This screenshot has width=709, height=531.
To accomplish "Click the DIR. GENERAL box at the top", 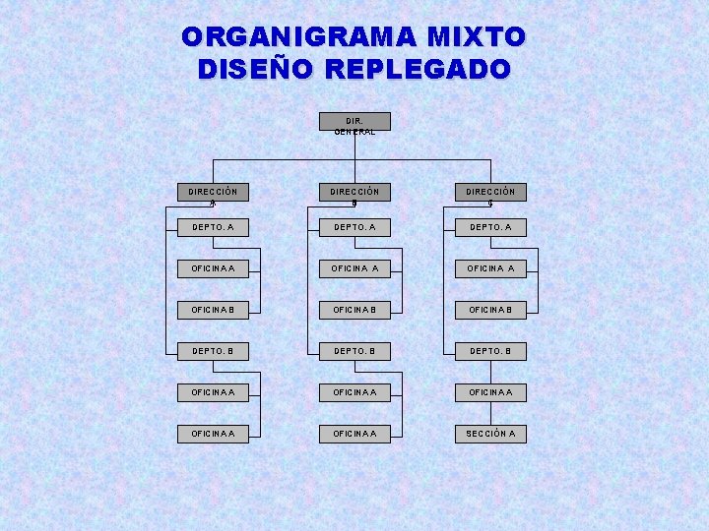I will pyautogui.click(x=354, y=122).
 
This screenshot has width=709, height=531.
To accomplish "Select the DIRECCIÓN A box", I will pyautogui.click(x=213, y=195).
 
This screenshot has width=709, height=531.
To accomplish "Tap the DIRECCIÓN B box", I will pyautogui.click(x=354, y=195).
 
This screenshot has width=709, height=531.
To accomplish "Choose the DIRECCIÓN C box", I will pyautogui.click(x=489, y=195).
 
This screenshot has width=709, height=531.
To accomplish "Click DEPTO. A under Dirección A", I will pyautogui.click(x=213, y=227).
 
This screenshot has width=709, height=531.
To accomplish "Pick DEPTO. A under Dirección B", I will pyautogui.click(x=354, y=227).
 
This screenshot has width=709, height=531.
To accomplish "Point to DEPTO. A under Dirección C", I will pyautogui.click(x=489, y=227).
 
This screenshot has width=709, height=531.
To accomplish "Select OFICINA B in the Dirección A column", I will pyautogui.click(x=213, y=310).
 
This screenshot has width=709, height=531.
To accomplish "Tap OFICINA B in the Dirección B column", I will pyautogui.click(x=354, y=310).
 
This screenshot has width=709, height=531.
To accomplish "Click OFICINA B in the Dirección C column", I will pyautogui.click(x=489, y=310).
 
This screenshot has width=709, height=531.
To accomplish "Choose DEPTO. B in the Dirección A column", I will pyautogui.click(x=213, y=351).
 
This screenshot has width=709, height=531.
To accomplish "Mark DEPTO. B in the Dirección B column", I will pyautogui.click(x=354, y=351).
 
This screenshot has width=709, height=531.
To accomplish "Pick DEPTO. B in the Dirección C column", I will pyautogui.click(x=489, y=351).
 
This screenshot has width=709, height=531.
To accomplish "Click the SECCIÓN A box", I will pyautogui.click(x=489, y=434).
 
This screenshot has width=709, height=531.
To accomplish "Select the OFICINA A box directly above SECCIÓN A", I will pyautogui.click(x=489, y=392).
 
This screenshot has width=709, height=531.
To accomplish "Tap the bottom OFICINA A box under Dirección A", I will pyautogui.click(x=213, y=434).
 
